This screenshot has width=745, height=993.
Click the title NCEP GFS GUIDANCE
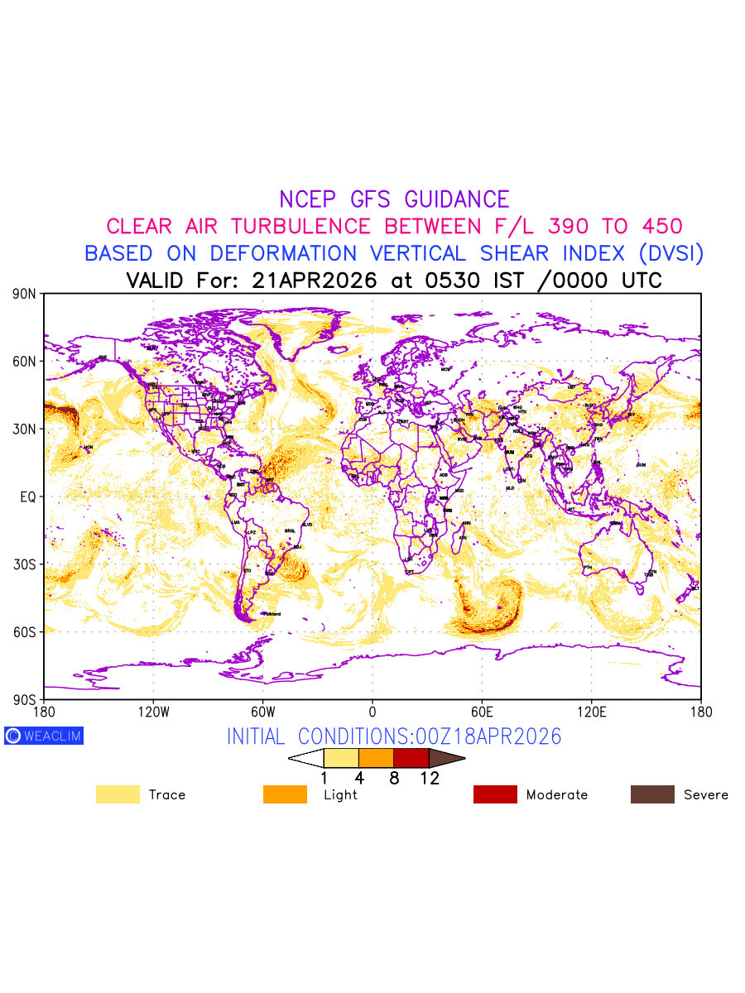[x=394, y=199]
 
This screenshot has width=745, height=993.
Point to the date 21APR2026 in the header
[x=314, y=281]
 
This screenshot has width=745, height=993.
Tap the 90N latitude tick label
[x=24, y=294]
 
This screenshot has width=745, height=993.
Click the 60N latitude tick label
[x=24, y=362]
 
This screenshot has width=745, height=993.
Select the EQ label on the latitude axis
[x=27, y=496]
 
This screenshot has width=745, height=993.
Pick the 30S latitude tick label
[x=24, y=564]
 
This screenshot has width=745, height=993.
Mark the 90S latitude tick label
[x=24, y=699]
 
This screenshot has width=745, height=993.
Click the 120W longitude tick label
[x=153, y=712]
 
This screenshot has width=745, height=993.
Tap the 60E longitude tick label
[x=482, y=712]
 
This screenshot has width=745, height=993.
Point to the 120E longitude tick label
[x=591, y=712]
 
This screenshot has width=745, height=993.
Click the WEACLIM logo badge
[x=44, y=736]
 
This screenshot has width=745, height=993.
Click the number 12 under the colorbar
[x=430, y=779]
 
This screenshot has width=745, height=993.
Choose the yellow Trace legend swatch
[x=118, y=794]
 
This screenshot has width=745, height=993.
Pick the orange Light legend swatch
[x=285, y=794]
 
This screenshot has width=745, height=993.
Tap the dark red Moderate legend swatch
[x=495, y=794]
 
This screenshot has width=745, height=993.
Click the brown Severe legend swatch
[x=652, y=794]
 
